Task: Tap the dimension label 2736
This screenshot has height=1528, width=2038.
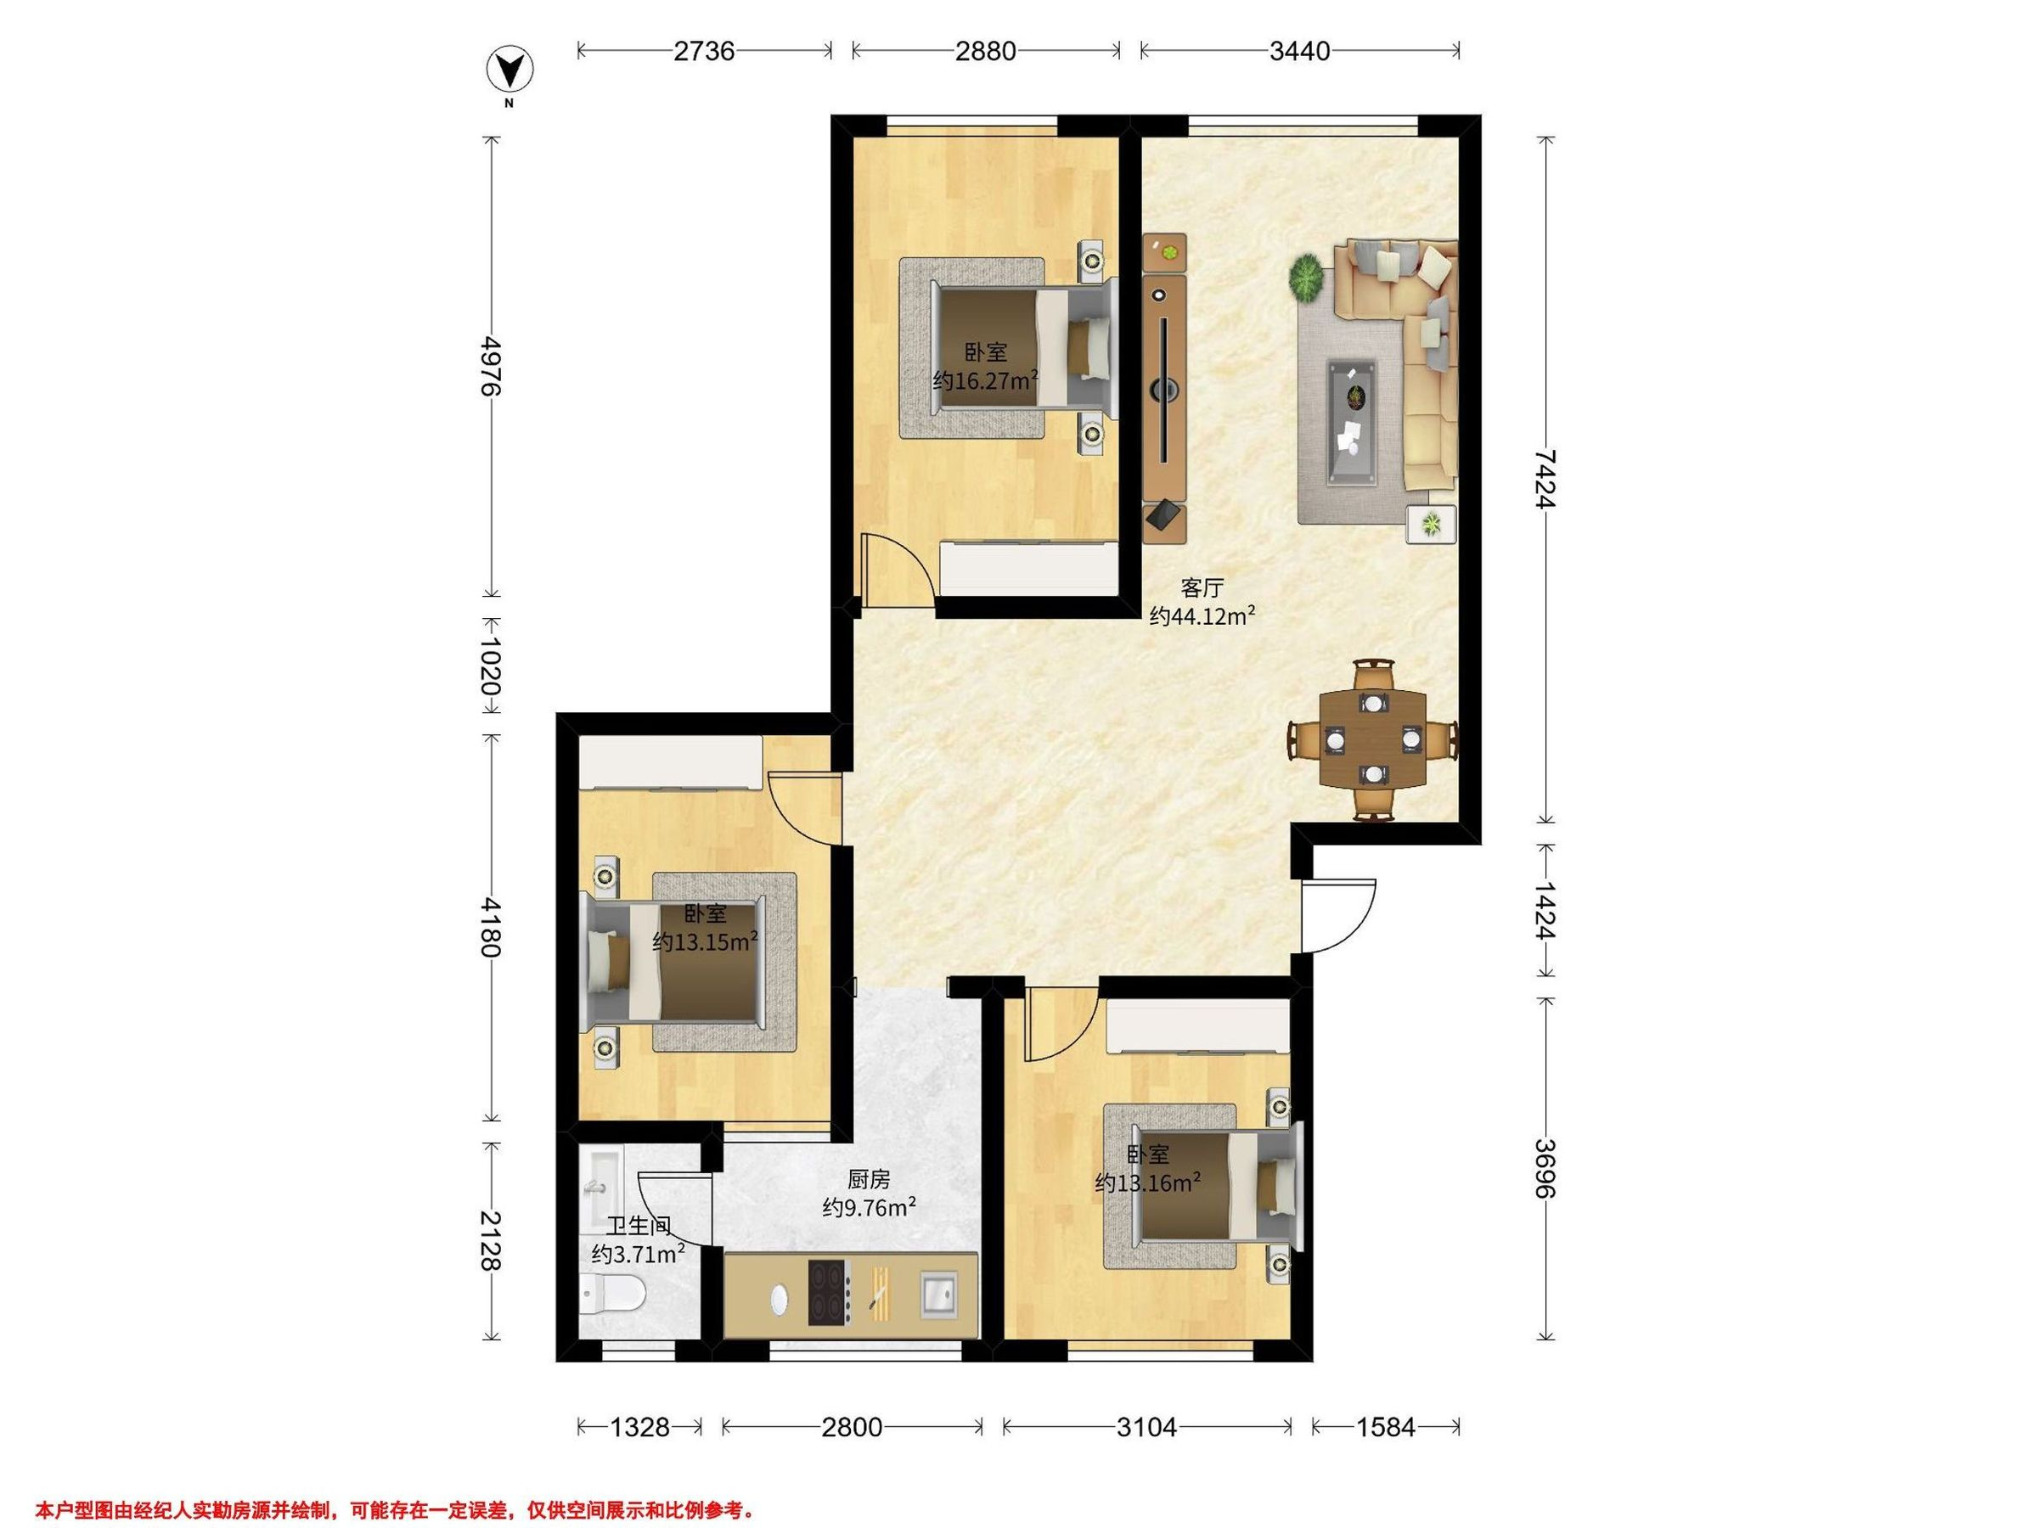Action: [x=704, y=51]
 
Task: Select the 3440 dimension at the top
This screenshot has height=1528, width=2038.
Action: [x=1299, y=51]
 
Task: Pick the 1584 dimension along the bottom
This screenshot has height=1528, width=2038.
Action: [x=1386, y=1427]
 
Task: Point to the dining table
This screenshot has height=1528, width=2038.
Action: [x=1373, y=739]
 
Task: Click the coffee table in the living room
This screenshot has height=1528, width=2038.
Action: [x=1354, y=422]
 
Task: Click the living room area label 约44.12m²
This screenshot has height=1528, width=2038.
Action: [x=1202, y=616]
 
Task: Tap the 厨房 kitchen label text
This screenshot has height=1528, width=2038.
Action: [x=869, y=1179]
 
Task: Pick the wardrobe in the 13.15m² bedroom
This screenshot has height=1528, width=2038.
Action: [x=671, y=761]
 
